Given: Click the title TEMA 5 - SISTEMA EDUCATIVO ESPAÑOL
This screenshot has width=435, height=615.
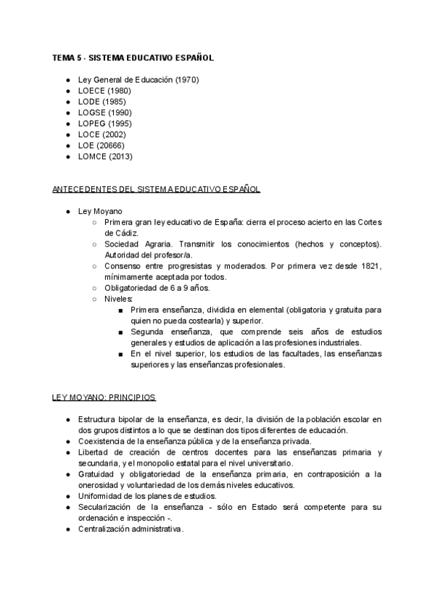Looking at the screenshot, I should pyautogui.click(x=133, y=57).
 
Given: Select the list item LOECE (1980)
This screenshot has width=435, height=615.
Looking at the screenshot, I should pyautogui.click(x=105, y=91).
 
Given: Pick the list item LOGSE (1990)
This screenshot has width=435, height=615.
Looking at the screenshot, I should pyautogui.click(x=105, y=112).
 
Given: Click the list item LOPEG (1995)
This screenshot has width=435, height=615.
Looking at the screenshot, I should pyautogui.click(x=105, y=123).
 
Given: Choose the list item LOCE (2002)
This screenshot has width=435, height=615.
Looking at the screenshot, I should pyautogui.click(x=102, y=134).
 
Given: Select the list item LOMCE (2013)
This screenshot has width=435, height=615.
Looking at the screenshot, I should pyautogui.click(x=106, y=156).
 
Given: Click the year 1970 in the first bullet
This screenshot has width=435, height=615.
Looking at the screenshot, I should pyautogui.click(x=186, y=80).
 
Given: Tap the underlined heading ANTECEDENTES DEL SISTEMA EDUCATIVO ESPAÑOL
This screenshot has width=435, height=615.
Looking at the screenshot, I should pyautogui.click(x=156, y=189).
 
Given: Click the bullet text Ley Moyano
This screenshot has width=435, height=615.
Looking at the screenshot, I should pyautogui.click(x=100, y=211).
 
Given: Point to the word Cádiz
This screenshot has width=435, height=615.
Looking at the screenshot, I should pyautogui.click(x=120, y=233).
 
